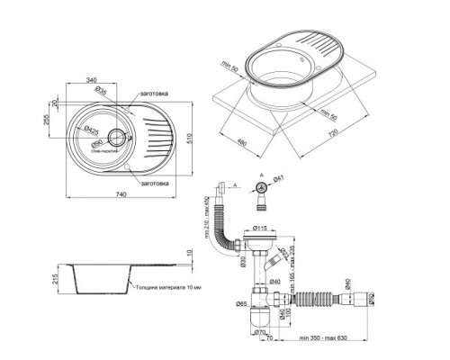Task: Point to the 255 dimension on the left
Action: (x=46, y=120)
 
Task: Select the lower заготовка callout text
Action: (x=157, y=183)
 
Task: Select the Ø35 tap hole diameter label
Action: (x=103, y=92)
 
